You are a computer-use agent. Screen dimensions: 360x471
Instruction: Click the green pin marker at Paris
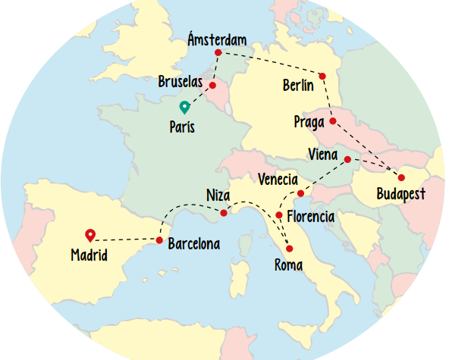click(x=184, y=108)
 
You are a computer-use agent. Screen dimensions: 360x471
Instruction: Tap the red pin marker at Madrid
click(x=90, y=235)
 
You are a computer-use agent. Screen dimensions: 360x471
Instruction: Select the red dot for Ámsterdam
click(x=218, y=52)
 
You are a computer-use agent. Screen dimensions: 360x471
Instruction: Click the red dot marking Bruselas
click(x=212, y=85)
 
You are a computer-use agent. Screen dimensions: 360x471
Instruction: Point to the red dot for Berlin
click(x=322, y=76)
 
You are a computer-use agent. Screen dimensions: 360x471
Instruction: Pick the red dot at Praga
click(x=333, y=121)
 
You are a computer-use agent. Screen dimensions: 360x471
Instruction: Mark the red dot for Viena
click(x=347, y=159)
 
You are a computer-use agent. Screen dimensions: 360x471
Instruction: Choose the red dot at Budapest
click(x=401, y=177)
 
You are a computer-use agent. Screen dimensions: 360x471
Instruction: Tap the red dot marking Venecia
click(x=300, y=194)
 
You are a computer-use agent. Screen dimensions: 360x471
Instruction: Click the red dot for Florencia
click(x=279, y=215)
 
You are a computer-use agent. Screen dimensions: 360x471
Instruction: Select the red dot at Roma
click(x=289, y=249)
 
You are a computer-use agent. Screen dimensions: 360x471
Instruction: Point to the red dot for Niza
click(x=224, y=213)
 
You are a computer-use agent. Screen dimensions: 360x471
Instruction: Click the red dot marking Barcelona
click(x=159, y=240)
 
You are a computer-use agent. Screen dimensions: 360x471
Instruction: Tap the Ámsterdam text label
click(x=217, y=39)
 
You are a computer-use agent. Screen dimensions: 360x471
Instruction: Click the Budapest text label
click(x=401, y=195)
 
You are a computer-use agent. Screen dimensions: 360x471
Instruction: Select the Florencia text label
click(x=310, y=218)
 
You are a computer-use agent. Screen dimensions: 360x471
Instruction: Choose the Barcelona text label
click(x=193, y=244)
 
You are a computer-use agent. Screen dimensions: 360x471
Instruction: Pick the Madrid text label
click(x=89, y=255)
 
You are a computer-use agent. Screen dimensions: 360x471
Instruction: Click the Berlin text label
click(x=297, y=85)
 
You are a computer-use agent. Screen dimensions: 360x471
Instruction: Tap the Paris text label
click(x=182, y=127)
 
